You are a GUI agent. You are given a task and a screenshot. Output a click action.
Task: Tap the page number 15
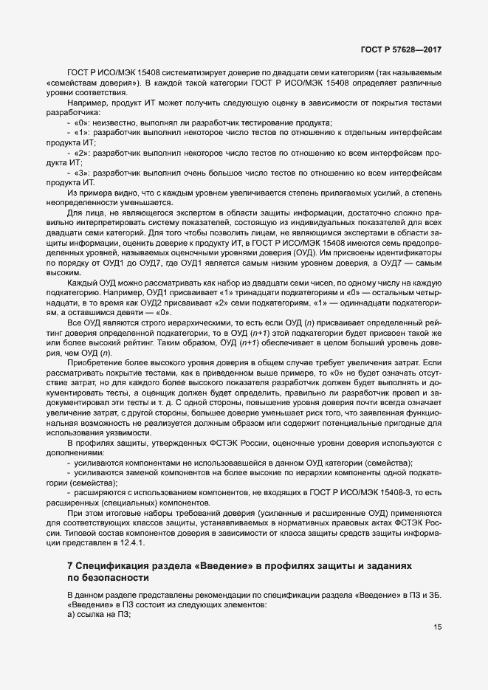point(437,627)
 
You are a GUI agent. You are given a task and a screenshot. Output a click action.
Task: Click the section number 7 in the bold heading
point(69,565)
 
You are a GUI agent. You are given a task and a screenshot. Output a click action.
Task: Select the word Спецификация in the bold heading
point(111,565)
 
